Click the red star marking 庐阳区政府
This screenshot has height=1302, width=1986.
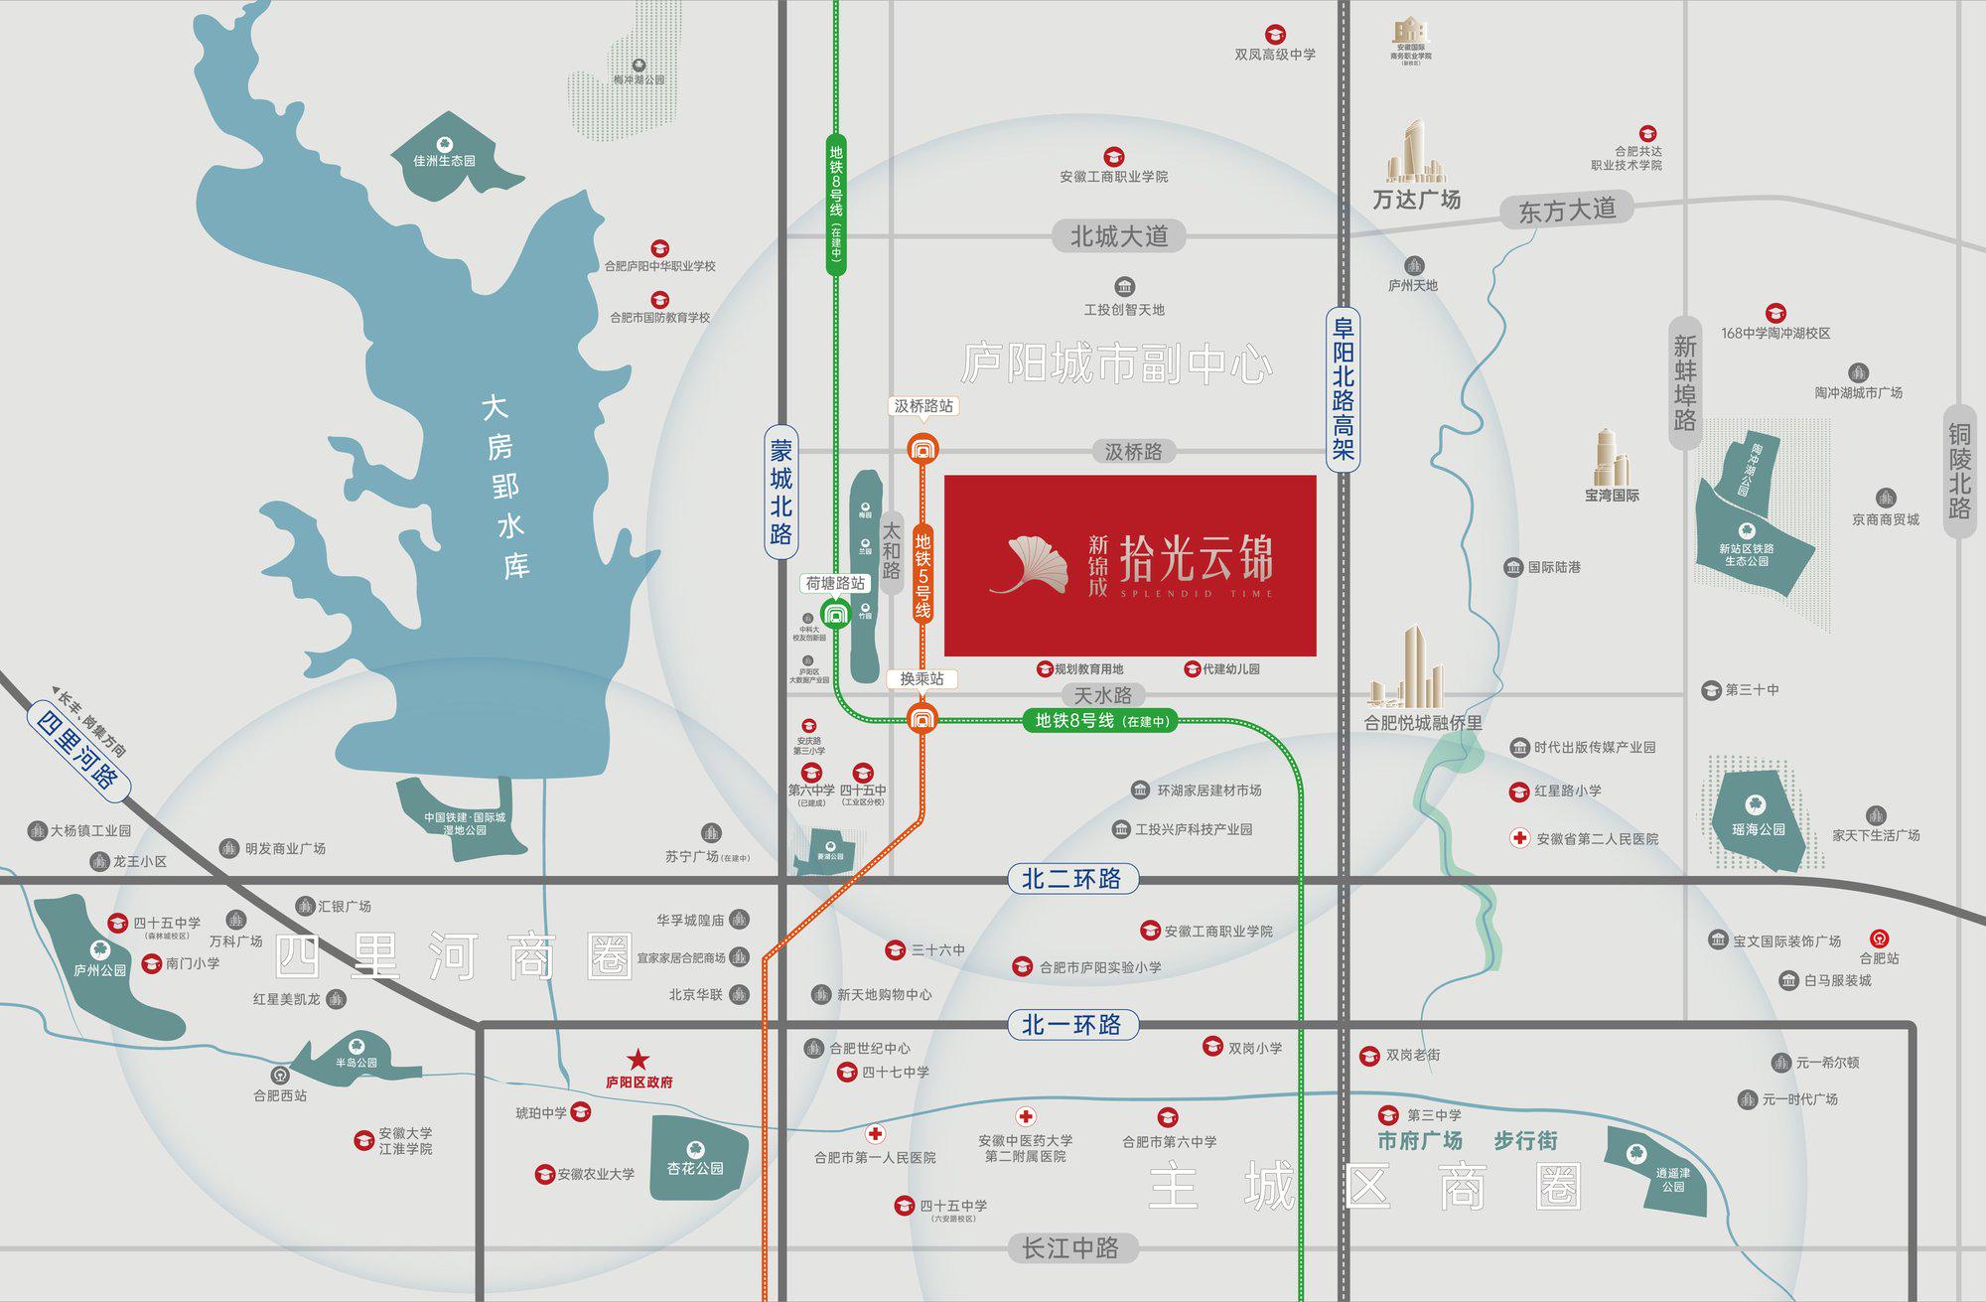click(638, 1060)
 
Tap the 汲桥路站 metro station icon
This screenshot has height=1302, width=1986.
click(922, 449)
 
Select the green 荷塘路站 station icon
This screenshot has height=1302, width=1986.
click(835, 615)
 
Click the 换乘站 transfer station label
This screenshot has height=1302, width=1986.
click(922, 679)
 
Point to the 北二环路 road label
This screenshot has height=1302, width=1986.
click(1071, 879)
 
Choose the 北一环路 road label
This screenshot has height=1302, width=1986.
click(1071, 1024)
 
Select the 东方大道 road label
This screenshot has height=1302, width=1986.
click(1567, 211)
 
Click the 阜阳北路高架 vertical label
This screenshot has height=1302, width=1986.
click(1343, 388)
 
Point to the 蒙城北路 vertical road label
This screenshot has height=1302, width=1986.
click(781, 493)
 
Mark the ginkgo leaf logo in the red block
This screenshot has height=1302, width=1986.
click(1033, 564)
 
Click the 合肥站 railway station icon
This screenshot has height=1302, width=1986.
click(1879, 939)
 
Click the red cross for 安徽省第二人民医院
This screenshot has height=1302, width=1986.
click(1519, 838)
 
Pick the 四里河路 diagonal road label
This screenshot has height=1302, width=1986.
click(77, 746)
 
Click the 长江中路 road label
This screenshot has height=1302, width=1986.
click(1070, 1248)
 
